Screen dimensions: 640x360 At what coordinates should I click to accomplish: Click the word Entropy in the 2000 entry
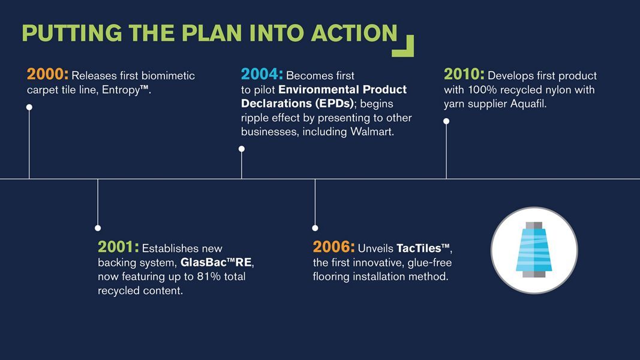[121, 90]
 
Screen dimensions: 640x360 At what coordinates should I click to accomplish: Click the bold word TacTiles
[419, 248]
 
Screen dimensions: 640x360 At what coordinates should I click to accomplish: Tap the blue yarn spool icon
[534, 250]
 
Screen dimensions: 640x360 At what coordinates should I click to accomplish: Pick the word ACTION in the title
[354, 33]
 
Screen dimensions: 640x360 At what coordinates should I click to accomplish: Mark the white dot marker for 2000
[29, 107]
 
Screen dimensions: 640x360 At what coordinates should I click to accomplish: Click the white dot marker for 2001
[98, 228]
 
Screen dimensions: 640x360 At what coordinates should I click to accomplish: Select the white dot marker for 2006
[315, 228]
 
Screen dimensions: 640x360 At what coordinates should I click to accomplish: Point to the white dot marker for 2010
[446, 121]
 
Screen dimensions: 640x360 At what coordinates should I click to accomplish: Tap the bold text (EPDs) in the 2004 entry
[335, 104]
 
